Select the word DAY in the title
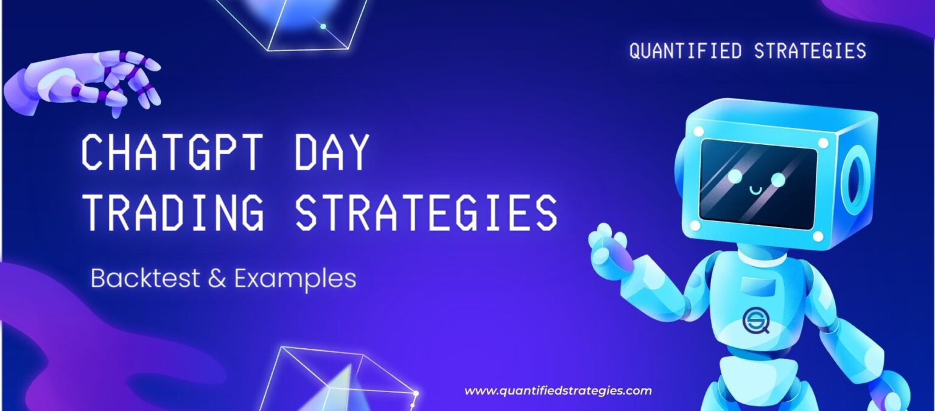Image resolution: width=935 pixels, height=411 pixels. (x=331, y=152)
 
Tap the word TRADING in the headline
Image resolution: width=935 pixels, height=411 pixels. (x=173, y=212)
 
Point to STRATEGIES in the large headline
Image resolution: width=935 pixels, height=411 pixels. (x=426, y=212)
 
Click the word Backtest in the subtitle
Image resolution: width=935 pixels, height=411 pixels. (x=145, y=278)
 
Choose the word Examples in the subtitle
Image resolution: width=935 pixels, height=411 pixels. (x=295, y=279)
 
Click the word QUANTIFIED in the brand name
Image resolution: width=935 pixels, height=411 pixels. (x=685, y=51)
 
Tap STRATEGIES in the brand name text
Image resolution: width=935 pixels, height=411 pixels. (x=810, y=51)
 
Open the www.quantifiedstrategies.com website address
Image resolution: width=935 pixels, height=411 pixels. (x=558, y=391)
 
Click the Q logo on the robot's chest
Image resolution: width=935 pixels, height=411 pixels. (x=756, y=320)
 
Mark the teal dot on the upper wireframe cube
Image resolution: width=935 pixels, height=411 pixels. (x=323, y=26)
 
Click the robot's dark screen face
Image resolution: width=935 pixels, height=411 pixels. (x=758, y=183)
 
